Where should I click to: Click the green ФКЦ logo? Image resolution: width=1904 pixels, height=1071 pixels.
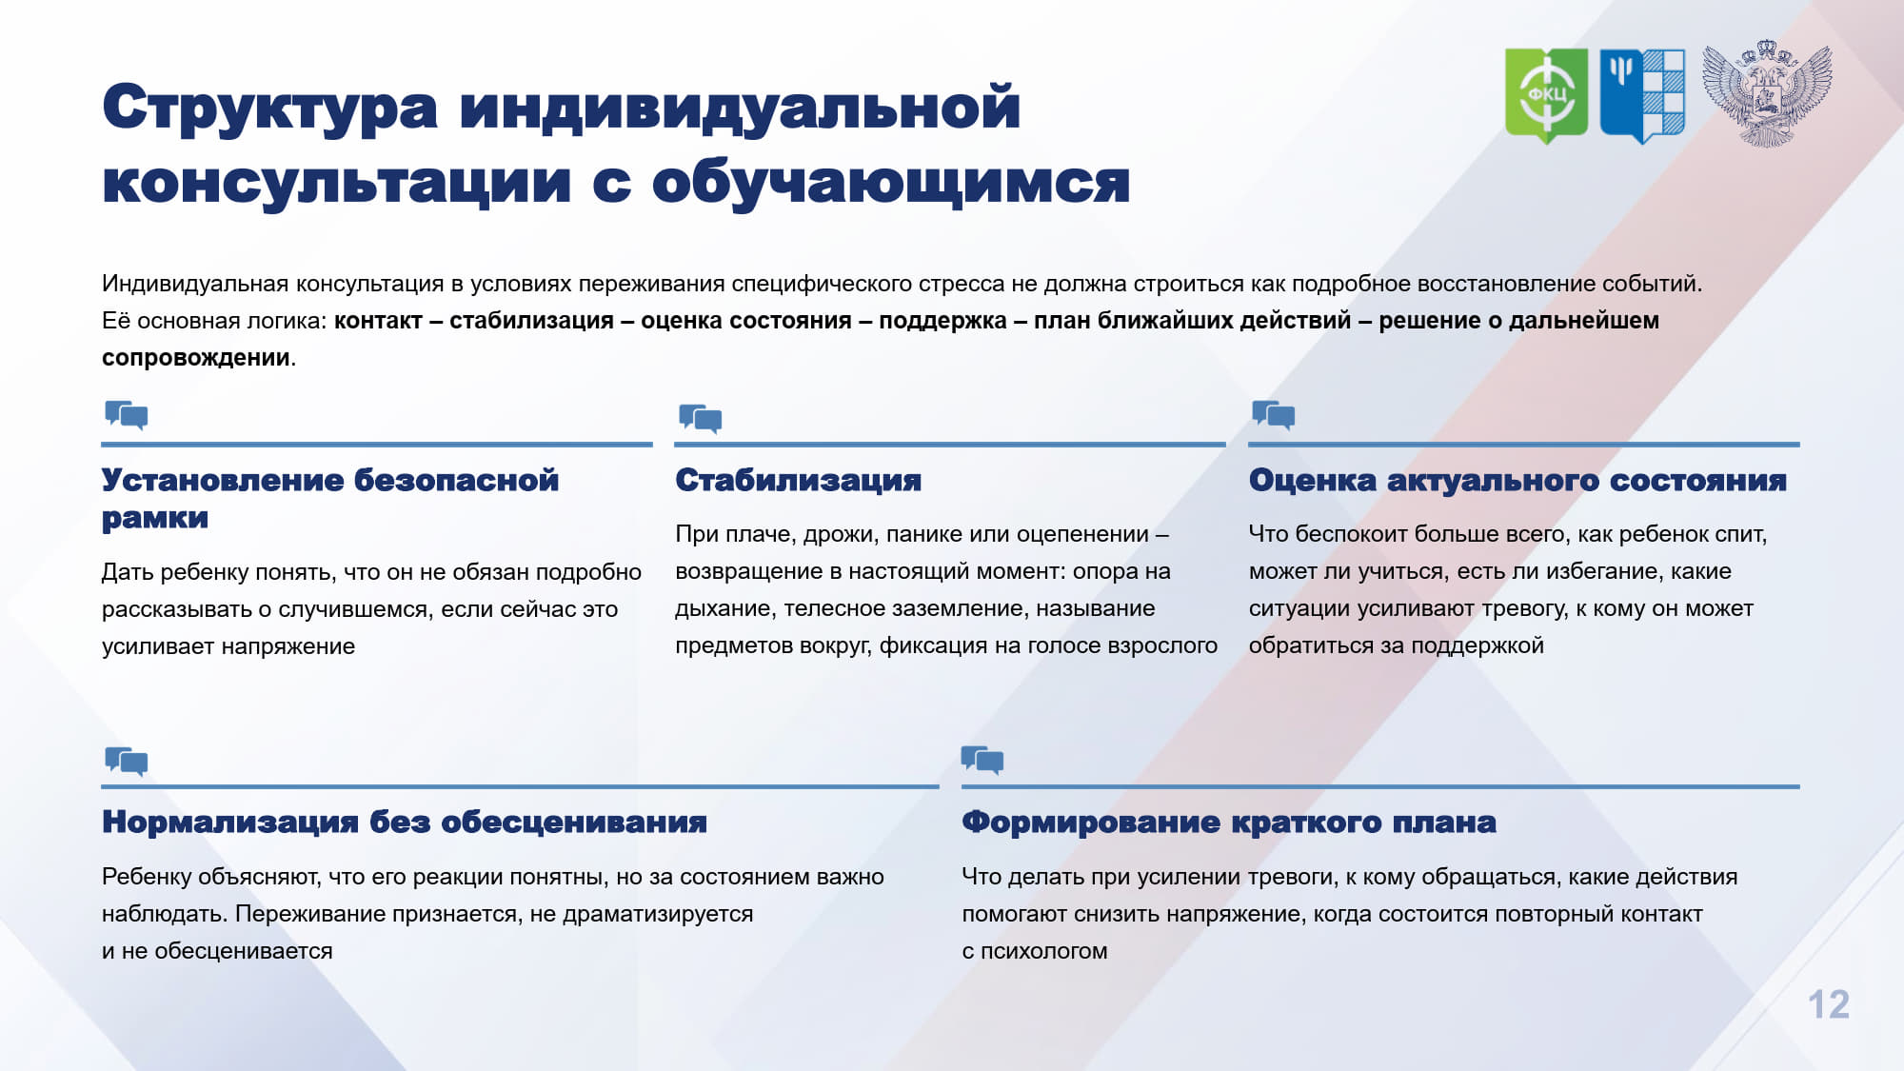click(1546, 95)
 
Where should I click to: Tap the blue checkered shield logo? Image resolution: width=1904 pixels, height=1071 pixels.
click(1642, 95)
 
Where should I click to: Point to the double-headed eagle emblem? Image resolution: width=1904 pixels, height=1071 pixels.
click(1766, 93)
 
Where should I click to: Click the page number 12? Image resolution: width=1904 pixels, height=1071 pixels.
click(1828, 1004)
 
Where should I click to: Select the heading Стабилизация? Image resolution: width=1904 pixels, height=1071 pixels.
click(798, 480)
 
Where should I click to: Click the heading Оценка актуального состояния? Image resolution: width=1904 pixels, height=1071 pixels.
click(1517, 480)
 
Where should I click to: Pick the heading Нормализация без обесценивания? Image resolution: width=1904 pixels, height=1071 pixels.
click(405, 822)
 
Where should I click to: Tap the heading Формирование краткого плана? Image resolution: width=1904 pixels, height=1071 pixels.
click(1229, 822)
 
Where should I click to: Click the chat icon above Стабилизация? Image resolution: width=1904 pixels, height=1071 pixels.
click(700, 418)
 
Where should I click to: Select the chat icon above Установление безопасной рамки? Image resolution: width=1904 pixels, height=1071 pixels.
click(127, 415)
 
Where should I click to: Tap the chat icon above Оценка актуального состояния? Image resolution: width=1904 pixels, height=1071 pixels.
click(1274, 415)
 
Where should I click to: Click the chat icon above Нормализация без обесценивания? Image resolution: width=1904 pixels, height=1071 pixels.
click(127, 762)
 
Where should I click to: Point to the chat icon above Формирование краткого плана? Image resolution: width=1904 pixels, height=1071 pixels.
click(982, 760)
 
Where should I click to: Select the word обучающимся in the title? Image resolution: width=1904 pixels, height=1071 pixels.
click(891, 183)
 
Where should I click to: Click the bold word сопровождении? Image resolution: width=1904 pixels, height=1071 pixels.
click(196, 358)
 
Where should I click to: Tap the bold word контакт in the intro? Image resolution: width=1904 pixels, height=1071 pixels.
click(378, 321)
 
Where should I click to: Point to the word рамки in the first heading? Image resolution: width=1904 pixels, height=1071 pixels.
click(155, 519)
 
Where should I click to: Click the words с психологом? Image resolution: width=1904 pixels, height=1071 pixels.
click(1035, 951)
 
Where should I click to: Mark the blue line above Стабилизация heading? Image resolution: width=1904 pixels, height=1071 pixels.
click(950, 445)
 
